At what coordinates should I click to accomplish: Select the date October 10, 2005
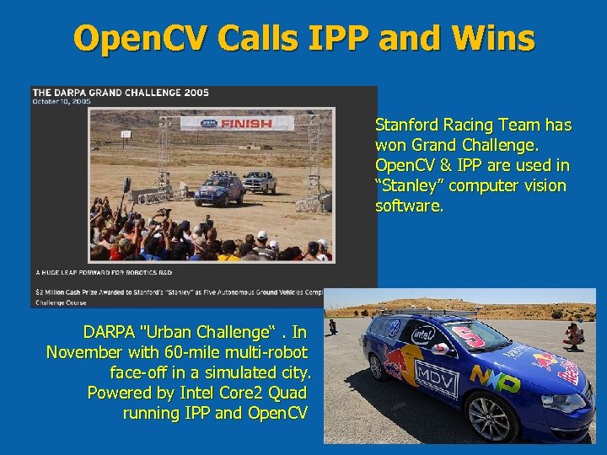pos(62,101)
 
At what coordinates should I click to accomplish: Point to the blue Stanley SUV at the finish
pos(219,190)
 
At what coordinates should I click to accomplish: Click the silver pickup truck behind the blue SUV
pos(260,180)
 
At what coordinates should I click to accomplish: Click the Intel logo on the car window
pos(424,335)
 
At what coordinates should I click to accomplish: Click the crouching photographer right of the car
pos(574,335)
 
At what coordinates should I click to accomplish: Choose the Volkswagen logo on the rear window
pos(392,327)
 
